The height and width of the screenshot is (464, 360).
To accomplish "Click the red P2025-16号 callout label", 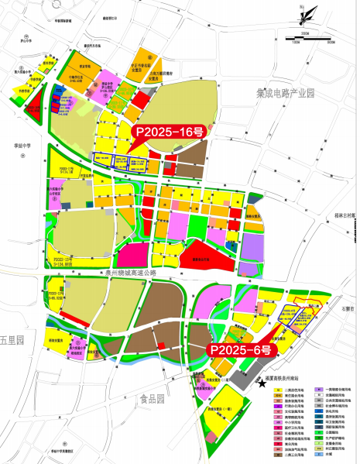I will [171, 132].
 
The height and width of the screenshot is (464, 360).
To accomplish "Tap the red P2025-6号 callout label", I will [239, 349].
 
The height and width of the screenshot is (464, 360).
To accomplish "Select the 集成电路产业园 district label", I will [287, 94].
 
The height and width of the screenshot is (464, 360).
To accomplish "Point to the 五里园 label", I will [12, 341].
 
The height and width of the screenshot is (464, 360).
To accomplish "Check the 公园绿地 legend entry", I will [329, 433].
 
